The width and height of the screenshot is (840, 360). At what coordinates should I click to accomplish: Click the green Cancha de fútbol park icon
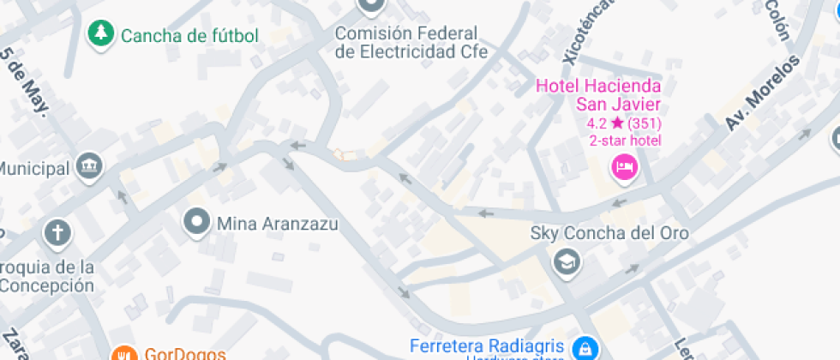click(x=102, y=34)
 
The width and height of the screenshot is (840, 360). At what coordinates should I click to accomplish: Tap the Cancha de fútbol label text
click(x=189, y=36)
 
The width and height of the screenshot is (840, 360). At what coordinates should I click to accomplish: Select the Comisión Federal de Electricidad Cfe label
click(x=411, y=43)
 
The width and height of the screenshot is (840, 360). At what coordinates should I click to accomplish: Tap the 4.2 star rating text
click(x=624, y=123)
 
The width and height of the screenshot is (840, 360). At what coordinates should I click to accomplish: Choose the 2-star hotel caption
click(x=624, y=141)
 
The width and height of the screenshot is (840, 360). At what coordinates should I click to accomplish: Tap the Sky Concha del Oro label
click(x=609, y=233)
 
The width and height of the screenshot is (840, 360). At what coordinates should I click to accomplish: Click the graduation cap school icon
click(x=566, y=261)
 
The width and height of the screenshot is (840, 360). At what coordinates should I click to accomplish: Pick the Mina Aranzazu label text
click(x=277, y=225)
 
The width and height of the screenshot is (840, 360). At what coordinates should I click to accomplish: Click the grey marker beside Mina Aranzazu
click(x=198, y=223)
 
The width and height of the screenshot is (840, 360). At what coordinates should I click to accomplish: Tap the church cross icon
click(x=57, y=232)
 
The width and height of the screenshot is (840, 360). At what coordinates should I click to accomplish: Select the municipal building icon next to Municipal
click(x=89, y=166)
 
